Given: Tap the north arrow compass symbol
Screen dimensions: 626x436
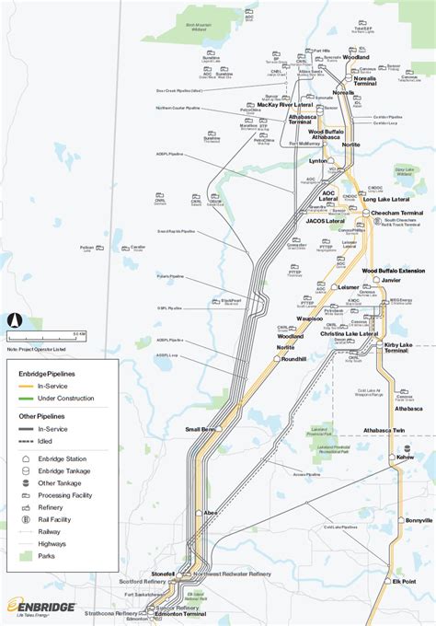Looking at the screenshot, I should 14,319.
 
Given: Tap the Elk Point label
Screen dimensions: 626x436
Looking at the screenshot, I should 405,581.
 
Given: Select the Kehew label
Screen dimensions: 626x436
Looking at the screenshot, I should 406,457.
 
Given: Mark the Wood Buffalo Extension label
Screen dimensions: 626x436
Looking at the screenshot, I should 393,271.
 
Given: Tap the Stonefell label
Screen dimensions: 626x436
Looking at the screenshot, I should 162,573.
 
